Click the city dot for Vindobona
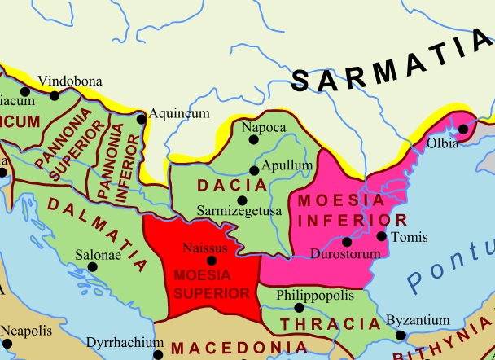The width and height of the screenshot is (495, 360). coord(55,95)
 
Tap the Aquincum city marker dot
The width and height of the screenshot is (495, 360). coord(142,119)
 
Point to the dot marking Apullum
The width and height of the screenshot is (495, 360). coord(254,170)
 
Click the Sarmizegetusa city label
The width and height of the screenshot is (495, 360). coord(239,210)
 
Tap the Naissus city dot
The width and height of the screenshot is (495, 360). coord(212,261)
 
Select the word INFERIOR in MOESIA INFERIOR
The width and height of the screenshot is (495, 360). coord(367,220)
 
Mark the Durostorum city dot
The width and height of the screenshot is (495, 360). coord(348,241)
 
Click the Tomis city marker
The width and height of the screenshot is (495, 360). coord(382,236)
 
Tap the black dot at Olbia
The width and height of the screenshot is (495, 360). coord(464,128)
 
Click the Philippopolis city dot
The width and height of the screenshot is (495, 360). coord(299,308)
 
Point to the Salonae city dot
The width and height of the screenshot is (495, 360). coord(92,266)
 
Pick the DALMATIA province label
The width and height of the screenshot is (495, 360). coord(98,236)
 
